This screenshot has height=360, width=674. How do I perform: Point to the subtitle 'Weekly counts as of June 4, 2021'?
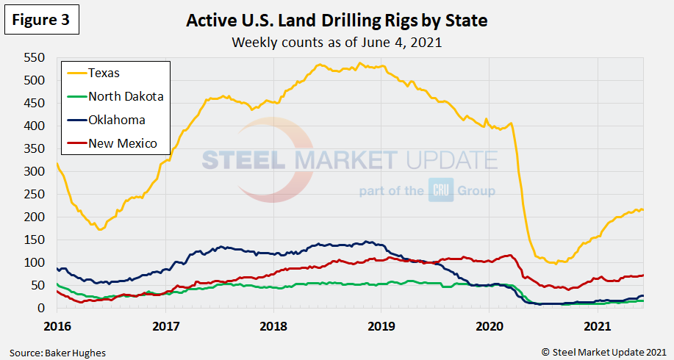337,42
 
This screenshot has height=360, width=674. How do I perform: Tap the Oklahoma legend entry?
116,120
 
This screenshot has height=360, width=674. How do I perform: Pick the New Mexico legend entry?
122,143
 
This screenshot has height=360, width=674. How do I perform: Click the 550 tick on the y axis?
34,58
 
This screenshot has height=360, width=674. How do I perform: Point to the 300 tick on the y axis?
34,172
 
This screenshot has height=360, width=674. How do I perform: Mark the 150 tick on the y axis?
34,240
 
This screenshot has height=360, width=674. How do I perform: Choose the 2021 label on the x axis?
597,325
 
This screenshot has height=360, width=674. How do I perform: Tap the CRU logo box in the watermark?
438,191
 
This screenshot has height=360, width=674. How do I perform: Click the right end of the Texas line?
643,210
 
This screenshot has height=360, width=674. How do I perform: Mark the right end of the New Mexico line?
643,276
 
